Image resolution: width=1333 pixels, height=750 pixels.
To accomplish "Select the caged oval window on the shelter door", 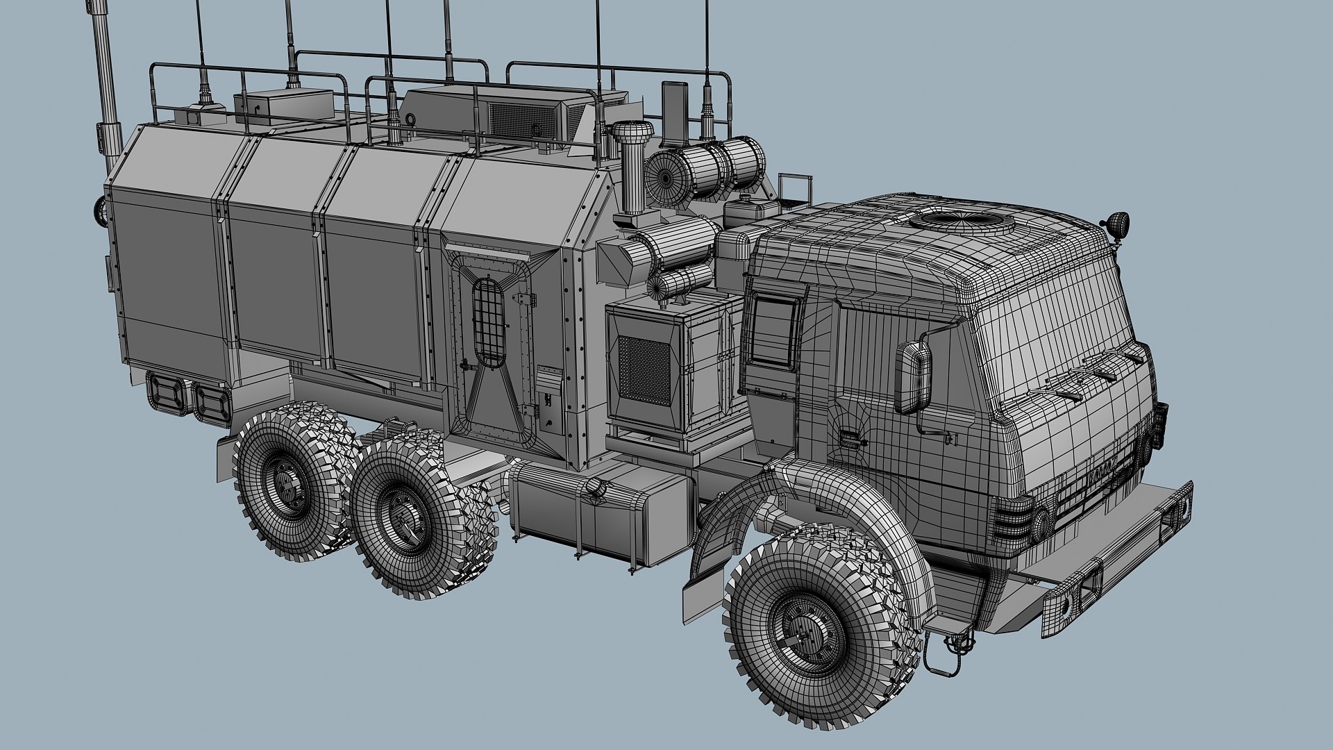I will pyautogui.click(x=490, y=322).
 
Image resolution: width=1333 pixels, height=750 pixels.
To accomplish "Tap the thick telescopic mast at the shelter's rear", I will pyautogui.click(x=107, y=76).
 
